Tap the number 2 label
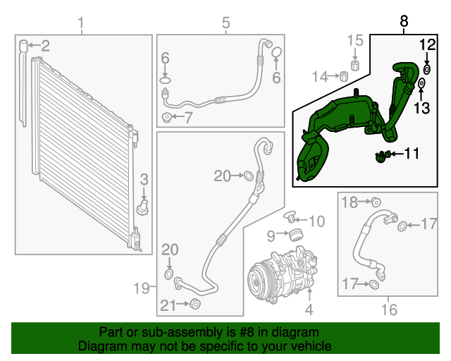(45, 47)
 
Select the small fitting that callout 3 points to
(143, 207)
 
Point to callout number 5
(225, 24)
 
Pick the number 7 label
(187, 117)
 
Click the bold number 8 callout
(404, 22)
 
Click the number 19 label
(143, 287)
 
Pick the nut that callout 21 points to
(196, 305)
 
